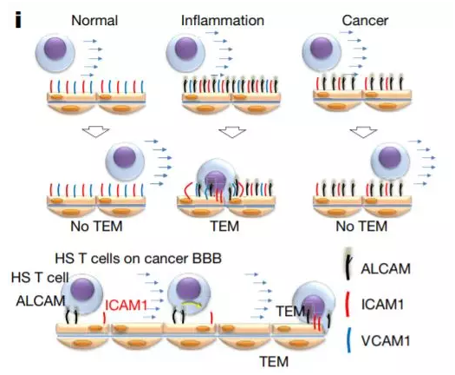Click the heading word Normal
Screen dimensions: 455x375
click(x=94, y=20)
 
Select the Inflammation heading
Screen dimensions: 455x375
click(x=223, y=20)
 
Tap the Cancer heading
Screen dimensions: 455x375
click(x=365, y=20)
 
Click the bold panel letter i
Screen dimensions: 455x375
click(x=18, y=20)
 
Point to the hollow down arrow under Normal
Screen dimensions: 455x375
click(x=95, y=131)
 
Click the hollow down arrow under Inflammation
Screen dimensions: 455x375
click(x=232, y=132)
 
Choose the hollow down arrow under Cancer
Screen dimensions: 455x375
click(x=363, y=132)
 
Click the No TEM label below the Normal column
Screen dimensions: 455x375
click(x=96, y=226)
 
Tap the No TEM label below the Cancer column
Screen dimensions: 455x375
click(x=361, y=226)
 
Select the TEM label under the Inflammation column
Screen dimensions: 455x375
click(x=224, y=226)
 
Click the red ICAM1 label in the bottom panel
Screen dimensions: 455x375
click(x=127, y=306)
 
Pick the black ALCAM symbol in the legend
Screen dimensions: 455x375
click(x=348, y=264)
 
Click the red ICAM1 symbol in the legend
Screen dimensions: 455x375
click(x=348, y=305)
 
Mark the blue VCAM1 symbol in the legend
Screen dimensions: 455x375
click(x=348, y=340)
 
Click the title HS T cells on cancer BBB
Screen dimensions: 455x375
click(x=138, y=258)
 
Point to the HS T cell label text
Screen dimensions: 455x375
click(x=40, y=277)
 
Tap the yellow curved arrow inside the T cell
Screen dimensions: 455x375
click(x=191, y=305)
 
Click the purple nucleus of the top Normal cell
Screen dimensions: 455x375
click(x=55, y=49)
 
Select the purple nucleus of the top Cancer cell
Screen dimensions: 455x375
click(x=322, y=48)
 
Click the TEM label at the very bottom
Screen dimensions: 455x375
click(x=274, y=362)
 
